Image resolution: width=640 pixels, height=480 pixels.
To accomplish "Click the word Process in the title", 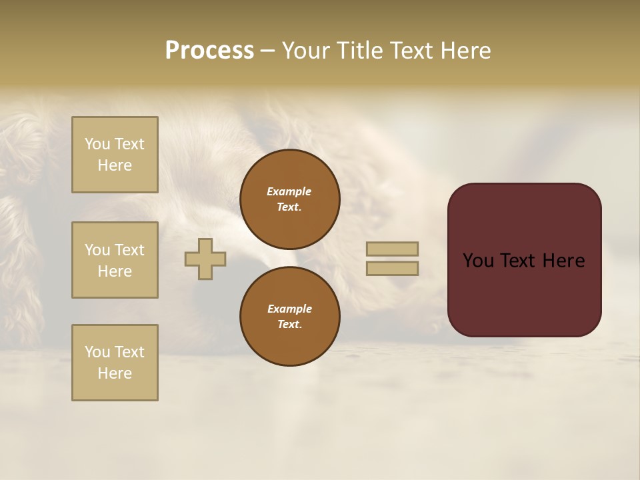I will point(209,51).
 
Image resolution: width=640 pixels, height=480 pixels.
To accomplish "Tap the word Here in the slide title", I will point(465,51).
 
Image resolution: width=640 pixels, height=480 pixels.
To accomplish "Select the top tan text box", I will point(115,155).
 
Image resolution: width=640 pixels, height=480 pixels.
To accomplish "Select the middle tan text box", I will point(115,260).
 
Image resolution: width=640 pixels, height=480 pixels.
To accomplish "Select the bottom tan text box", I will point(115,363).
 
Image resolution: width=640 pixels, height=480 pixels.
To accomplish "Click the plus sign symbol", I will point(205,259).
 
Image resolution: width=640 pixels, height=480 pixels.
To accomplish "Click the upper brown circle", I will point(290,199).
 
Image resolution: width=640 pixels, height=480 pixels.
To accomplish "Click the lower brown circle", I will point(290,317).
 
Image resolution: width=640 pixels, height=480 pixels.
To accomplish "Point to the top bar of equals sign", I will point(392,249).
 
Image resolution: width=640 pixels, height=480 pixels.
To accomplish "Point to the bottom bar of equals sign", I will point(392,268).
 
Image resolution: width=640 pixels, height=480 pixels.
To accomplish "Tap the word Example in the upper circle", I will point(289,191).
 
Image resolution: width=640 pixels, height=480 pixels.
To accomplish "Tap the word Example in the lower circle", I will point(289,309).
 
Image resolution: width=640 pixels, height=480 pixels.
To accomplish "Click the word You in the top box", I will point(97,144).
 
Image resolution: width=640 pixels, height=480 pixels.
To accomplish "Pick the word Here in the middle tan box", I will point(115,271).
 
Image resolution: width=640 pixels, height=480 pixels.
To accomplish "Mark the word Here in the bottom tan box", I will point(115,373).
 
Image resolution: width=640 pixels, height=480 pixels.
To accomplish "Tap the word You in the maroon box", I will point(478,261).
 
